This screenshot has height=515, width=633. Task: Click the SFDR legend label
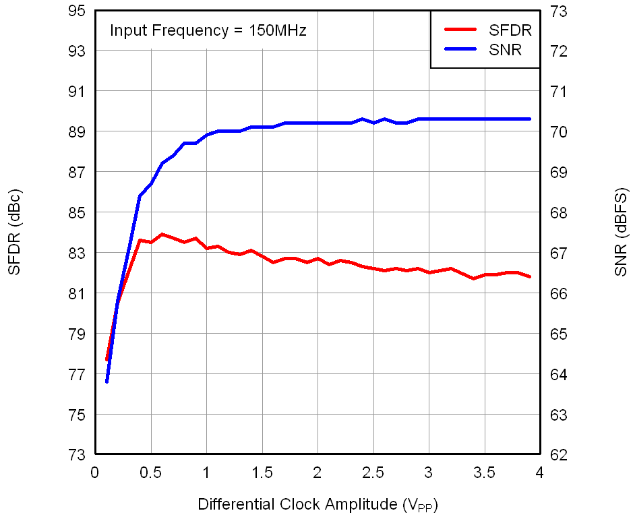(x=510, y=30)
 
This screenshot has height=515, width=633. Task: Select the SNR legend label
(x=506, y=49)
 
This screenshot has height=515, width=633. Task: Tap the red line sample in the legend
(x=460, y=30)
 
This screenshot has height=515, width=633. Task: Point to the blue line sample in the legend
(x=460, y=49)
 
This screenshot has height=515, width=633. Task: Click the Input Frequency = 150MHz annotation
(x=208, y=30)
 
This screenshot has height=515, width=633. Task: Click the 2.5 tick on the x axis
(x=373, y=473)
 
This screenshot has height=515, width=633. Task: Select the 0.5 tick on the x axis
(x=150, y=473)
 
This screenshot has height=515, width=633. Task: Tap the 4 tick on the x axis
(x=539, y=473)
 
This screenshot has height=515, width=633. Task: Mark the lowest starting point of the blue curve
(x=107, y=382)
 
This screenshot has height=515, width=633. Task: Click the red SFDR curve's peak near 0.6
(x=162, y=235)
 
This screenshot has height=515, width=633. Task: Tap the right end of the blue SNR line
(x=530, y=119)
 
